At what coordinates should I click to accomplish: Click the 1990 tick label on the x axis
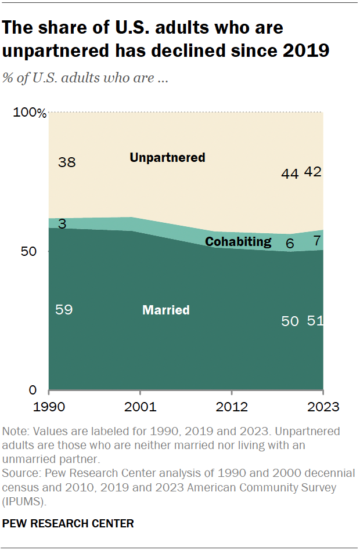pos(48,406)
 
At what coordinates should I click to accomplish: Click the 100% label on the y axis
pos(30,113)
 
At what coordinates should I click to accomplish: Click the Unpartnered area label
pos(167,157)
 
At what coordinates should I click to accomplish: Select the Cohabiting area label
pos(238,241)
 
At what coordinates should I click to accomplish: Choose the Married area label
pos(166,310)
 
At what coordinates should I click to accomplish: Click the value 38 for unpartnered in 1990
pos(67,162)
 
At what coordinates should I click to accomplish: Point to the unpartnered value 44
pos(289,173)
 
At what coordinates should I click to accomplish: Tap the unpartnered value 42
pos(314,172)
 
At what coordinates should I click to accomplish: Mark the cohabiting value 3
pos(61,224)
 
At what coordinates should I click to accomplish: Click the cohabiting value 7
pos(317,241)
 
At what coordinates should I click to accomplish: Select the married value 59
pos(64,309)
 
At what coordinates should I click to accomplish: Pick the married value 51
pos(315,320)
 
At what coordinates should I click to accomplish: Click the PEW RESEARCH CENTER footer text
pos(68,523)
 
